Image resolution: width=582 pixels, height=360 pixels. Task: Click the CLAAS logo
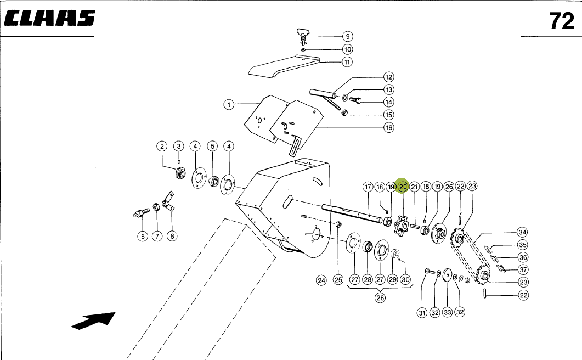click(x=49, y=19)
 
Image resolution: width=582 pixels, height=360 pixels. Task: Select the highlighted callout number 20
click(x=403, y=187)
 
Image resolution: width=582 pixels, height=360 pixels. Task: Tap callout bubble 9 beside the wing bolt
click(x=347, y=37)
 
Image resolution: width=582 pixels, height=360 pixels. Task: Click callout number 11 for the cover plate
click(x=347, y=62)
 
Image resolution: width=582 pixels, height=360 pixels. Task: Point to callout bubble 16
click(x=388, y=128)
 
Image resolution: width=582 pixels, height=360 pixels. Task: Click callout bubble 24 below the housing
click(x=321, y=280)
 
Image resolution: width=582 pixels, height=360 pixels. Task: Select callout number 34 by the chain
click(x=522, y=232)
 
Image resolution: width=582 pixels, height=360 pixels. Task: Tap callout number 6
click(x=143, y=236)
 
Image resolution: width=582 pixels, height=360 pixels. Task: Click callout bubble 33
click(x=447, y=312)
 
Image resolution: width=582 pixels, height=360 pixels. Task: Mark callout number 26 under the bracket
click(x=380, y=298)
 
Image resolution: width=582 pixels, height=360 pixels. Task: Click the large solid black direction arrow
click(x=94, y=320)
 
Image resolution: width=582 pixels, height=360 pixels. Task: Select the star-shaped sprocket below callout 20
click(x=403, y=225)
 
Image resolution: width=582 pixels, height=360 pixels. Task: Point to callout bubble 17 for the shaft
click(x=368, y=187)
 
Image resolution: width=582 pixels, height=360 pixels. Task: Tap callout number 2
click(x=162, y=147)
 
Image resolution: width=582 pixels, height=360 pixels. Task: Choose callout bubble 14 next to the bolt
click(x=388, y=102)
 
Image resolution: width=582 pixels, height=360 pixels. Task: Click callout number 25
click(x=338, y=280)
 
